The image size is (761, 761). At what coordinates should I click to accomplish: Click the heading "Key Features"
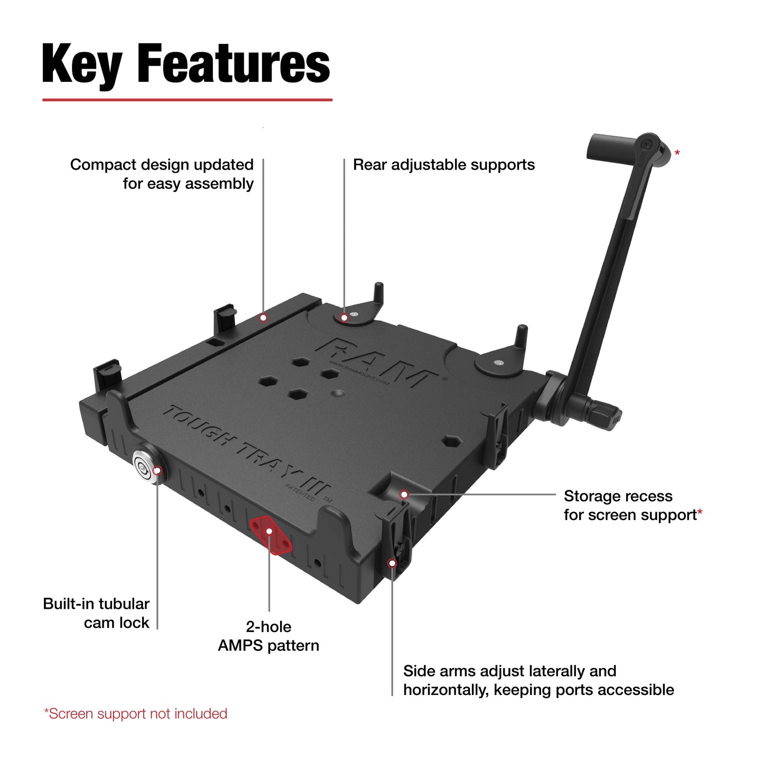pos(186,64)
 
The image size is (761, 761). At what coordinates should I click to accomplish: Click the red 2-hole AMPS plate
pos(271,534)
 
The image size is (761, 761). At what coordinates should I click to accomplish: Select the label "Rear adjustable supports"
pos(443,165)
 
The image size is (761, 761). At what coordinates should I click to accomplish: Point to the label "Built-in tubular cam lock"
pos(96,613)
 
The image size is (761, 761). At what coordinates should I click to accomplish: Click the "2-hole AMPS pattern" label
pos(268,636)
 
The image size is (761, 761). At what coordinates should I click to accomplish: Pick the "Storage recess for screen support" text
pos(632,505)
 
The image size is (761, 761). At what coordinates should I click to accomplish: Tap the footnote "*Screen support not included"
pos(136,713)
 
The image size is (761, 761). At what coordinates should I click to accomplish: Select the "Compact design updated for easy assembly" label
pos(162,174)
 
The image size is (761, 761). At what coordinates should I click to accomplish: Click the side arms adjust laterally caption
pos(538,680)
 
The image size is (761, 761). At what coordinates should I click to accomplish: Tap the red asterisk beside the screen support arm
pos(677,153)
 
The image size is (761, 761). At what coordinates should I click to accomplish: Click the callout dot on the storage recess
pos(404,495)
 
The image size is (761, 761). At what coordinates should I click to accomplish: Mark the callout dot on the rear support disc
pos(344,318)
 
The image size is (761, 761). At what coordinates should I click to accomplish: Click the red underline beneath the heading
pos(187,99)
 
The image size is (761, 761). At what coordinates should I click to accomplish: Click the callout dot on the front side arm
pos(392,563)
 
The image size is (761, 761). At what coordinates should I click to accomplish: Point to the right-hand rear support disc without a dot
pos(497,363)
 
